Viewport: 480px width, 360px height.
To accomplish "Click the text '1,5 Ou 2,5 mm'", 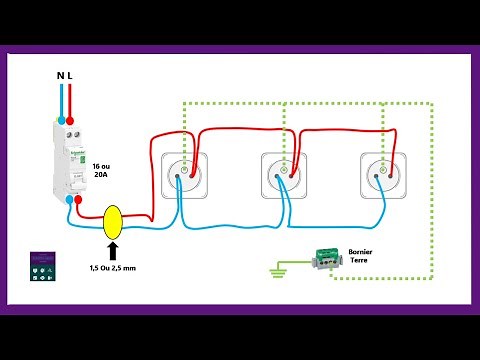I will tap(112, 270).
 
